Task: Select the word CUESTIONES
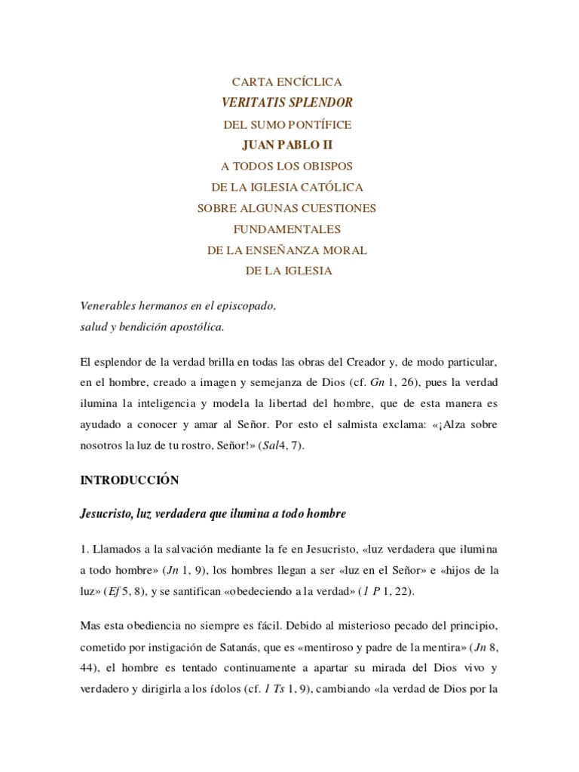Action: pyautogui.click(x=334, y=207)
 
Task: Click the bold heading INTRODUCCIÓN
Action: pyautogui.click(x=129, y=479)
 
